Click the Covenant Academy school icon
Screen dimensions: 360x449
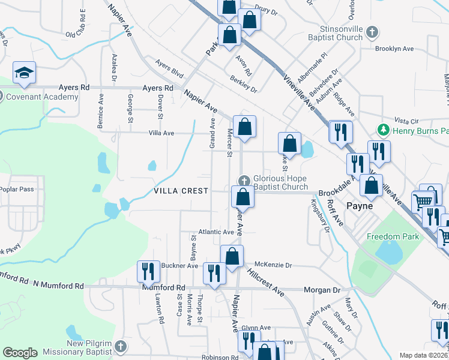(25, 73)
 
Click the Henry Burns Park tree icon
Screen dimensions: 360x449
(381, 130)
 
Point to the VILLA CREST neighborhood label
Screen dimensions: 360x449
(181, 191)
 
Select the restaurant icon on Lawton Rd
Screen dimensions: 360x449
(148, 271)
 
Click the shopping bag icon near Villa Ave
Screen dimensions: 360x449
(244, 127)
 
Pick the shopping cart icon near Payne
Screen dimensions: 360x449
(423, 201)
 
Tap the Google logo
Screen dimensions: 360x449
(20, 353)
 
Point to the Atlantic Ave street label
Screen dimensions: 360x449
(216, 232)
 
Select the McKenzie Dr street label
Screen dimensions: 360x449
(273, 265)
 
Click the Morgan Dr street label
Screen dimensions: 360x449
(322, 290)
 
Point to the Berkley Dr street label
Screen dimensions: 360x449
(243, 84)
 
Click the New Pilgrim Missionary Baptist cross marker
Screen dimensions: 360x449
(120, 346)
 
